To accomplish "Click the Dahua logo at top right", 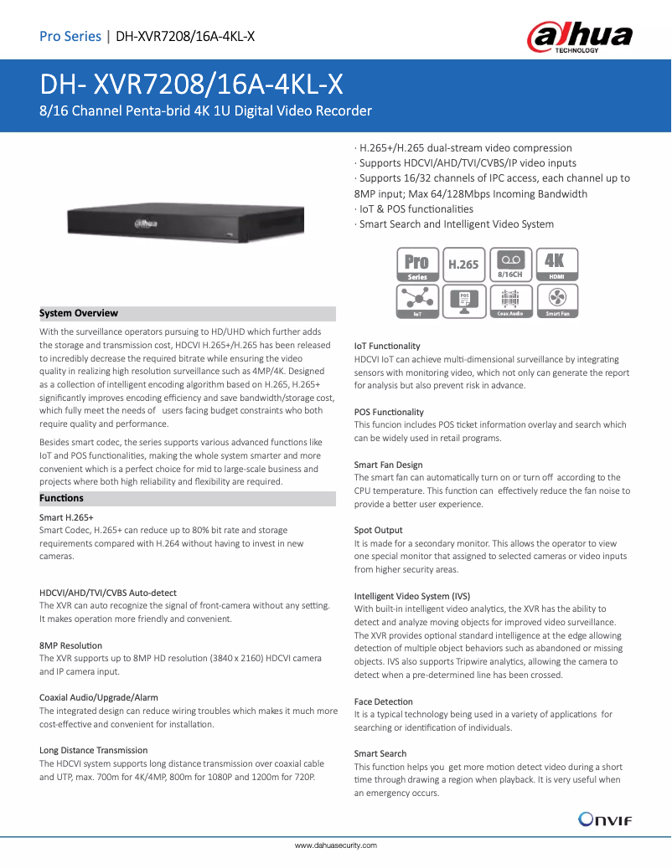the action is tap(579, 38).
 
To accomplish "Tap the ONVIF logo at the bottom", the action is tap(605, 819).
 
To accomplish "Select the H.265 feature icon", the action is tap(463, 265).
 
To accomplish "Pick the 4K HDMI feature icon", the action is tap(555, 265).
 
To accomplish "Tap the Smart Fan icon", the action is tap(557, 300).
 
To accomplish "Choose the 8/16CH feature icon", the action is tap(509, 265).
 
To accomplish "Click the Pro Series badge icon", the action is tap(417, 265).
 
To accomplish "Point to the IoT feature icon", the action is tap(417, 300).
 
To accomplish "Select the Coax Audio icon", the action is tap(509, 300).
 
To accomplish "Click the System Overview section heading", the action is tap(79, 313).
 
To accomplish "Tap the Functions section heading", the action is tap(61, 498).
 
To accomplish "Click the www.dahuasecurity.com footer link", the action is tap(335, 845).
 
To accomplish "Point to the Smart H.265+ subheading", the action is tap(66, 517).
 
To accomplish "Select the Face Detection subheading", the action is tap(383, 701).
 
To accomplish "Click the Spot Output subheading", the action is tap(378, 530).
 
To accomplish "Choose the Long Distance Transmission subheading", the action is tap(93, 750).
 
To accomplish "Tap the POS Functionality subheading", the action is tap(389, 412).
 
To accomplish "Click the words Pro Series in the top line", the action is tap(70, 36).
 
